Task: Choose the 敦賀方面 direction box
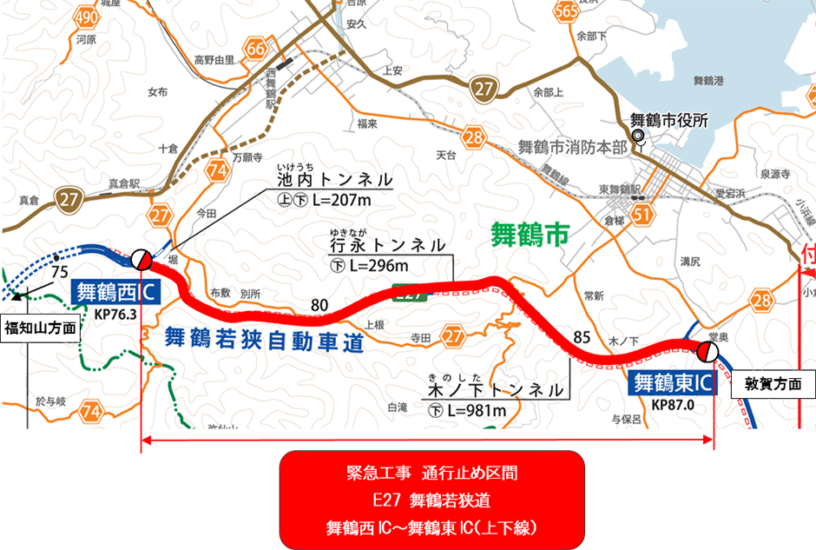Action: coord(773,382)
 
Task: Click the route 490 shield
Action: coord(86,18)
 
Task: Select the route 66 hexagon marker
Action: coord(255,49)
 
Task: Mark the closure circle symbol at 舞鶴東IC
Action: coord(707,351)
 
